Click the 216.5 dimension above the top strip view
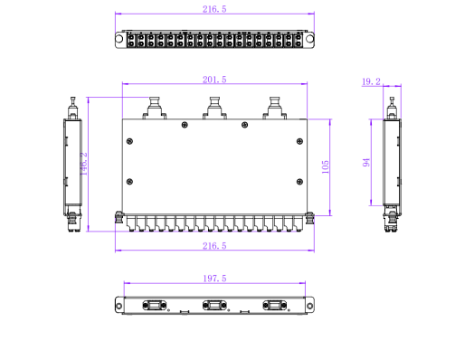point(214,9)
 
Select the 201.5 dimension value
point(214,80)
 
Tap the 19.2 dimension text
point(371,81)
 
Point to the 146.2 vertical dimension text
point(83,164)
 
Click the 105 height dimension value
point(326,167)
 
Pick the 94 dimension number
point(366,162)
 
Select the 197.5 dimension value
point(214,279)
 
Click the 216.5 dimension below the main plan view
point(214,246)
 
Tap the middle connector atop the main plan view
point(214,109)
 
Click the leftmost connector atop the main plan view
point(155,109)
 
